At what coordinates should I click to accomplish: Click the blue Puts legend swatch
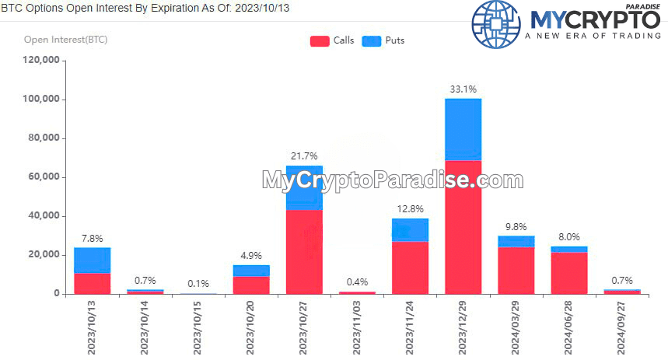[x=372, y=41]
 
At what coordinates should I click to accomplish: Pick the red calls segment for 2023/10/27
[x=304, y=251]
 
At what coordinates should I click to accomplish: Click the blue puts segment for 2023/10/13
[x=92, y=260]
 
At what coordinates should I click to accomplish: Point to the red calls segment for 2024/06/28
[x=569, y=272]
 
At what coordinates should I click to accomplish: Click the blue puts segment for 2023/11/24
[x=410, y=230]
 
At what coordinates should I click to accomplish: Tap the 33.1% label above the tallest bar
[x=463, y=89]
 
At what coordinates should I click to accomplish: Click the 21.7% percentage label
[x=304, y=156]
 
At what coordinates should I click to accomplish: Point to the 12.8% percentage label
[x=410, y=209]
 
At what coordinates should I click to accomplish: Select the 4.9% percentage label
[x=251, y=255]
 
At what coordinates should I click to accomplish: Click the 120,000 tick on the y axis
[x=41, y=61]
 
